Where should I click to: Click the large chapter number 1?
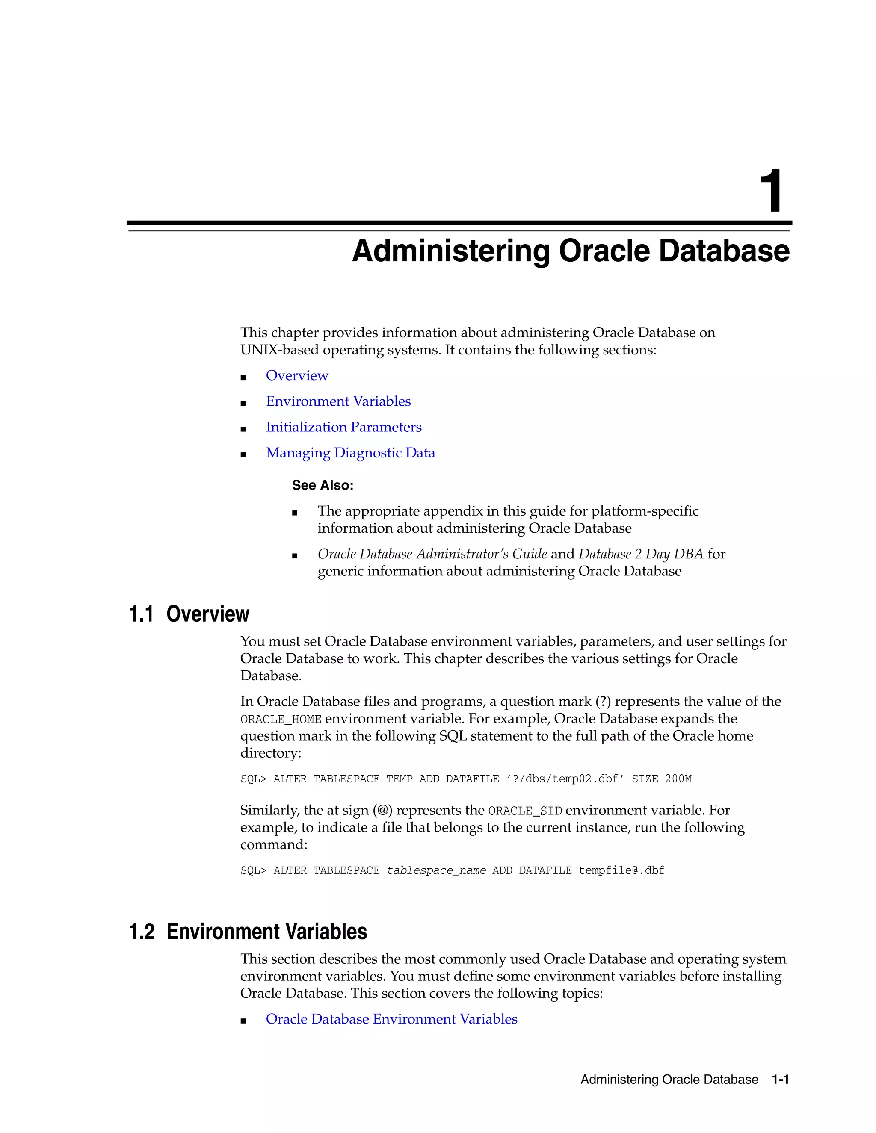771,192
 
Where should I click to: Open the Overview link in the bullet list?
297,375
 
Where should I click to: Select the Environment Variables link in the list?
338,401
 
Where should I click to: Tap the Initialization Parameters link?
343,427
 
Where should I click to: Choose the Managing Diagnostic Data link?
350,453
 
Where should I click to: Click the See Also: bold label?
322,486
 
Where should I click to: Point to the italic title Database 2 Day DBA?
641,554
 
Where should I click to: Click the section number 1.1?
141,614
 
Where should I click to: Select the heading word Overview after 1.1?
207,614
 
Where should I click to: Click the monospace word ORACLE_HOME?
281,720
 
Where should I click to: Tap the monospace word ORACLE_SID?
525,811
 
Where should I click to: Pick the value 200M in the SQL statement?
678,779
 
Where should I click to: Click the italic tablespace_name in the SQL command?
436,870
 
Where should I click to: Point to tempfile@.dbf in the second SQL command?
621,870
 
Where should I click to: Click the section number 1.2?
142,932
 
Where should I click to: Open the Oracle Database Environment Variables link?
391,1019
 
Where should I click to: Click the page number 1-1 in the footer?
780,1080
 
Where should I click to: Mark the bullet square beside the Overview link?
243,378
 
